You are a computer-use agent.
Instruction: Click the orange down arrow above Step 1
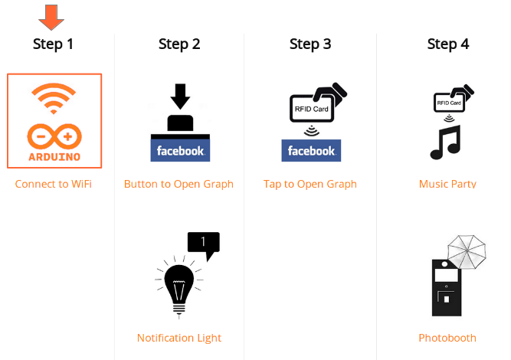[51, 16]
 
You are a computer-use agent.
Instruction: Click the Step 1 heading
[53, 44]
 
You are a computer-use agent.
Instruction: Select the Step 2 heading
[179, 44]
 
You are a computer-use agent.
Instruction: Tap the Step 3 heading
[310, 44]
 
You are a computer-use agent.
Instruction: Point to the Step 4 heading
[448, 44]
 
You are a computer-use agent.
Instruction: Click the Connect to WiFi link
[54, 184]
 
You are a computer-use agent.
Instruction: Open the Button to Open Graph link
[179, 184]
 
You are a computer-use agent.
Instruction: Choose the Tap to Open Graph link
[310, 184]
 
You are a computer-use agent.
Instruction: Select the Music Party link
[447, 184]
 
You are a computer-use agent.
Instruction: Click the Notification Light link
[179, 338]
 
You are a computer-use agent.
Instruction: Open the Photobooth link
[447, 338]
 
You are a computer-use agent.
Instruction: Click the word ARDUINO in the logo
[54, 156]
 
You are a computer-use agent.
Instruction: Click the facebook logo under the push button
[180, 150]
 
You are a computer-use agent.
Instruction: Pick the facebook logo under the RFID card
[311, 150]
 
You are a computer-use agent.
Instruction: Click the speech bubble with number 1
[204, 244]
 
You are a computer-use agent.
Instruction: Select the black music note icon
[446, 142]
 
